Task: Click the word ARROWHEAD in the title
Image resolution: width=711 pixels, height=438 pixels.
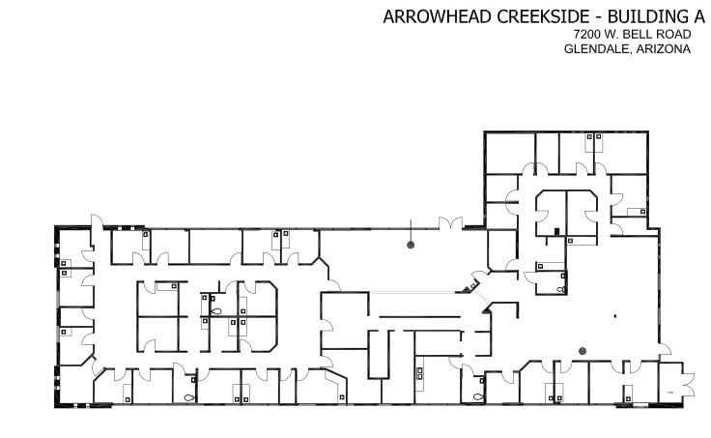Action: pyautogui.click(x=438, y=16)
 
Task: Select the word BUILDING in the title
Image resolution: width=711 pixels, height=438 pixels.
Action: pyautogui.click(x=648, y=16)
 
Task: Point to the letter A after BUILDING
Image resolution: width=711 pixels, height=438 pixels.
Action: pyautogui.click(x=699, y=16)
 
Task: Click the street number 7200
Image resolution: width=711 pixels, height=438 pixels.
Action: pyautogui.click(x=586, y=35)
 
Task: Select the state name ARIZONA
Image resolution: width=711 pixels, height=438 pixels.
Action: pyautogui.click(x=664, y=49)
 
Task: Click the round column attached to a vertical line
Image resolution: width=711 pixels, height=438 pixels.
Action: pyautogui.click(x=411, y=245)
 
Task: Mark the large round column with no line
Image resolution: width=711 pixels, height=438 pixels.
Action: pyautogui.click(x=583, y=351)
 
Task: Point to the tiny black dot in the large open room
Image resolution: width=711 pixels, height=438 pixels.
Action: pyautogui.click(x=615, y=316)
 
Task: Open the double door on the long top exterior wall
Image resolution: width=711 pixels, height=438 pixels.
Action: pyautogui.click(x=451, y=222)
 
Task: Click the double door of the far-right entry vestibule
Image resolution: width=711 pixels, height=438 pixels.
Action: pyautogui.click(x=689, y=384)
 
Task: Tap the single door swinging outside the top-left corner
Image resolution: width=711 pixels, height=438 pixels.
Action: pyautogui.click(x=97, y=221)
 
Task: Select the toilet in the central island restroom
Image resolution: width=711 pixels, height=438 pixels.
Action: pyautogui.click(x=216, y=311)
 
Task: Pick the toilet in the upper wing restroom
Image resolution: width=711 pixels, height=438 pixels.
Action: pyautogui.click(x=561, y=289)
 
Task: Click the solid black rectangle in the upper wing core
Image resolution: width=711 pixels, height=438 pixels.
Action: pyautogui.click(x=557, y=231)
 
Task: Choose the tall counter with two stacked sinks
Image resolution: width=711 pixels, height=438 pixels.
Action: pyautogui.click(x=420, y=373)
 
